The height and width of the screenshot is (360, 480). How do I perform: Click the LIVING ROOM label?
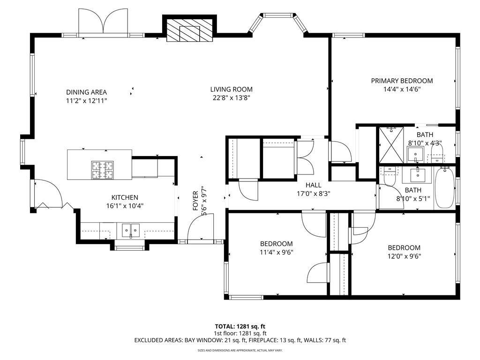[x=231, y=90]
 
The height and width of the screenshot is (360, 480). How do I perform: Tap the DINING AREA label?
[x=86, y=92]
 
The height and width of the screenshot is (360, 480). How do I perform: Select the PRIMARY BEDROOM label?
[x=402, y=81]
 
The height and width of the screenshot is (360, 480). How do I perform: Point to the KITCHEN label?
[x=125, y=197]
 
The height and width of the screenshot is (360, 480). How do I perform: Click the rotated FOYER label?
[x=195, y=201]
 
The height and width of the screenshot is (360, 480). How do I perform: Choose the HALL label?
[x=314, y=185]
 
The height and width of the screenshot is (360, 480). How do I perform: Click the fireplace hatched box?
[x=189, y=30]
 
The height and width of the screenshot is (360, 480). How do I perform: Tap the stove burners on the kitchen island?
[x=102, y=170]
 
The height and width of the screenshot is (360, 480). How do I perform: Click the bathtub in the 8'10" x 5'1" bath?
[x=445, y=187]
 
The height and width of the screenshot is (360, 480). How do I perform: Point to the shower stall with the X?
[x=391, y=145]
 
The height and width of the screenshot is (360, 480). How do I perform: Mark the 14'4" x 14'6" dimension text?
[x=402, y=90]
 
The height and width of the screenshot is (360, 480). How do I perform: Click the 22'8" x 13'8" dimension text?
[x=232, y=98]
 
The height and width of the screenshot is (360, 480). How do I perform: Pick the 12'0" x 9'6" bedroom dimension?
[x=404, y=256]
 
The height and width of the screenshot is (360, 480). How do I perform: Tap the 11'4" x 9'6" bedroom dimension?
[x=277, y=253]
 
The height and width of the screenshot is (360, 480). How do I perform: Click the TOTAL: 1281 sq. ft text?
[x=240, y=326]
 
